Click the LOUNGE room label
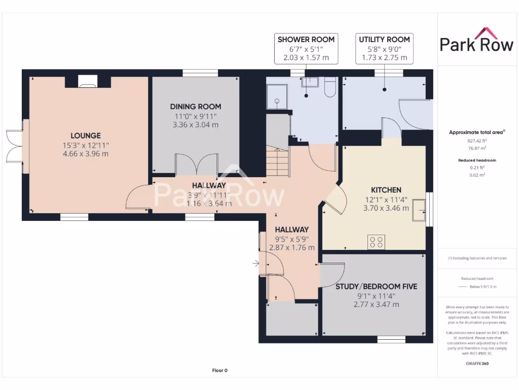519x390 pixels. (x=85, y=136)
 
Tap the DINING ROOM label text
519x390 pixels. (x=195, y=107)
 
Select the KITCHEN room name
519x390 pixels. (x=386, y=190)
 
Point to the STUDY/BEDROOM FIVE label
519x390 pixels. (x=376, y=286)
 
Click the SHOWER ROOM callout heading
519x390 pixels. (x=306, y=40)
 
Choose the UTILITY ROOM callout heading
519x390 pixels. (x=384, y=40)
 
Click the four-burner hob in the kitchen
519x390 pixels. (x=377, y=242)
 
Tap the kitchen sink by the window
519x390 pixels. (x=419, y=211)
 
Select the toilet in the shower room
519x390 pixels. (x=329, y=87)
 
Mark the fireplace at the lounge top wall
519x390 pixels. (x=88, y=80)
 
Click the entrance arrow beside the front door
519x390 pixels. (x=256, y=263)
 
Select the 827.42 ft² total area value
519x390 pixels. (x=477, y=141)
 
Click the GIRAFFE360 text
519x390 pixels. (x=476, y=364)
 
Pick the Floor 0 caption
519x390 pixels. (x=219, y=371)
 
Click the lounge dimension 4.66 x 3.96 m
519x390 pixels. (x=85, y=154)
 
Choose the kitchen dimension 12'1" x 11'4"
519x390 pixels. (x=386, y=199)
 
